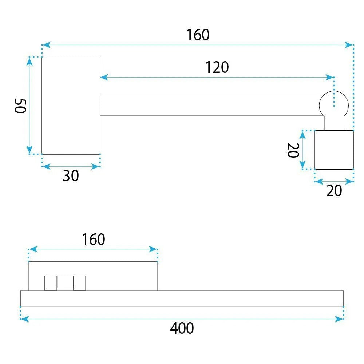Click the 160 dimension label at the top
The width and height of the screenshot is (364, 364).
(x=198, y=35)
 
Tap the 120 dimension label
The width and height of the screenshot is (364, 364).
(x=217, y=67)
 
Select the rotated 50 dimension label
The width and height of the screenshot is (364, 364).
(x=20, y=106)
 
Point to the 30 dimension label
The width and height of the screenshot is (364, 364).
(x=71, y=176)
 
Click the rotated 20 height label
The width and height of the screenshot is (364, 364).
(x=293, y=150)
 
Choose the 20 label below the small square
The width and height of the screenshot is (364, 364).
(x=334, y=191)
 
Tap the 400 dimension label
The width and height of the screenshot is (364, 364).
(x=182, y=328)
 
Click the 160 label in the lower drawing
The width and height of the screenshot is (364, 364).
(x=94, y=240)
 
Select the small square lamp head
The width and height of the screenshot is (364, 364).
(x=334, y=150)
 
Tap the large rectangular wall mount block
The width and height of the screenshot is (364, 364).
(x=71, y=106)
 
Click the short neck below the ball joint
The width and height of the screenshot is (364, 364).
(x=334, y=123)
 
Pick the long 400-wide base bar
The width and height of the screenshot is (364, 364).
(x=182, y=299)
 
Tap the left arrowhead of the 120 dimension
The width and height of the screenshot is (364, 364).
(x=104, y=77)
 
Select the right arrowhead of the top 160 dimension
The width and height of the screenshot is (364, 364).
(x=349, y=45)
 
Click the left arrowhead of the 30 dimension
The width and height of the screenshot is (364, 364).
(x=46, y=166)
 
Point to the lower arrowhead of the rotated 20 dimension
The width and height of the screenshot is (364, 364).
(x=302, y=165)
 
